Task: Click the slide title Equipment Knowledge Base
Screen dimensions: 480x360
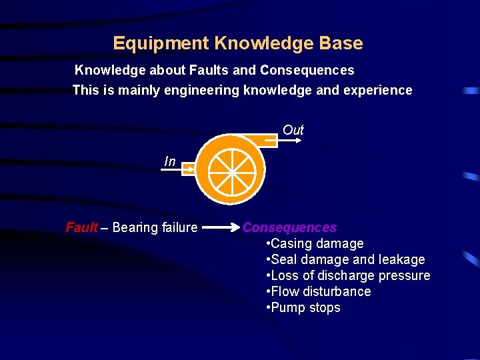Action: click(238, 44)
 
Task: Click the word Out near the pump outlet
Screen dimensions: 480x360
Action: click(293, 130)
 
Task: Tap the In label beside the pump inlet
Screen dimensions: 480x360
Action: click(170, 161)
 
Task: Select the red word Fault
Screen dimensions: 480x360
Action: click(81, 228)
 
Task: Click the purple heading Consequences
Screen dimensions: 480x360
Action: click(289, 228)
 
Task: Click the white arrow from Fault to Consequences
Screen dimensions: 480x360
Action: click(220, 228)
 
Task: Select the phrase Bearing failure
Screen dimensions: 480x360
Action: click(155, 228)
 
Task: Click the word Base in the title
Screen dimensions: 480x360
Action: click(341, 44)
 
